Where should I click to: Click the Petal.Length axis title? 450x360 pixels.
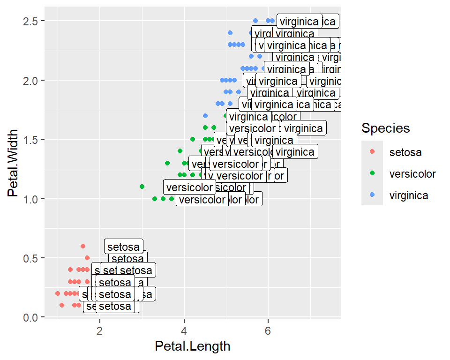[x=193, y=346]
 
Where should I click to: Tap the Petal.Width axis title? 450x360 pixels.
[x=13, y=163]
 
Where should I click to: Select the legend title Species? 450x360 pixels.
[x=386, y=128]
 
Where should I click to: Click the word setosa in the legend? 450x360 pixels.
[x=405, y=152]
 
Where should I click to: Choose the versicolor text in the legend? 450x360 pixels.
[x=412, y=174]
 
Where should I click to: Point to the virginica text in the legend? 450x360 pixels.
[x=409, y=195]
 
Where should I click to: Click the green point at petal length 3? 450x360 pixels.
[x=142, y=187]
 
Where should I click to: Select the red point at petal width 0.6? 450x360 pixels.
[x=83, y=246]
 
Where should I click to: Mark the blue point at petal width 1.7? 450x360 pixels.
[x=205, y=115]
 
